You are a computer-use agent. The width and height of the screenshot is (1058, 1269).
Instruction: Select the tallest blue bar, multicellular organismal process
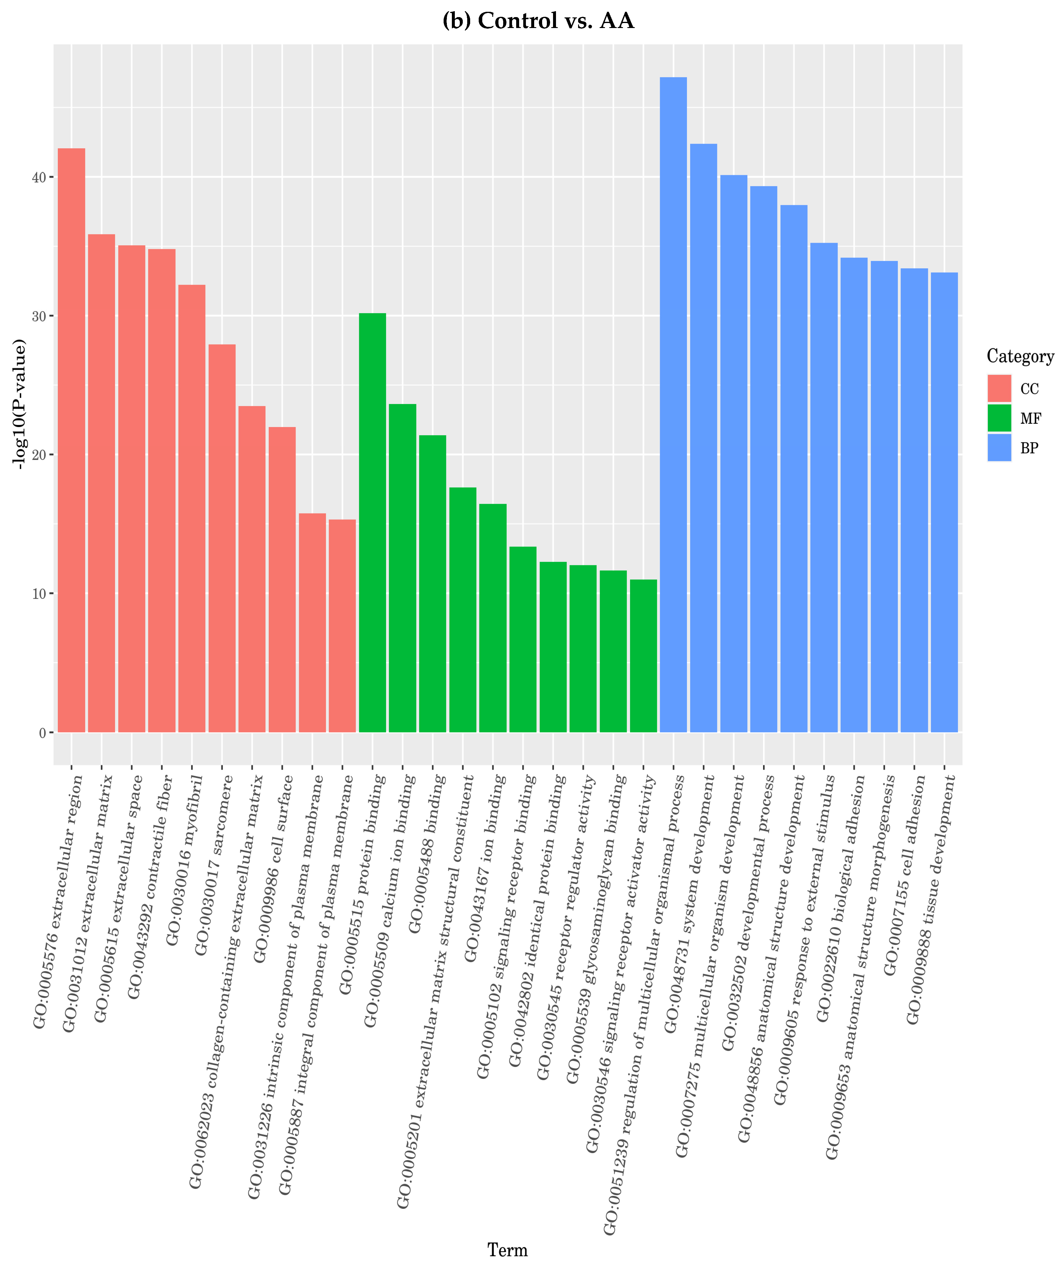[x=673, y=405]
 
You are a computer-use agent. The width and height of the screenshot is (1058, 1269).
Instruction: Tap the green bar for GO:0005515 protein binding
[x=372, y=523]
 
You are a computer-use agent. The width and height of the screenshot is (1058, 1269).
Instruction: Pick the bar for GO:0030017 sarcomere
[x=222, y=538]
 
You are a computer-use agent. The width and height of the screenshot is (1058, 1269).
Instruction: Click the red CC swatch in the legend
[x=999, y=389]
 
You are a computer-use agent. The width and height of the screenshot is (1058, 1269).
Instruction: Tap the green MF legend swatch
[x=999, y=418]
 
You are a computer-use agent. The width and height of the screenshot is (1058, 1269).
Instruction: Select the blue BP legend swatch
[x=999, y=448]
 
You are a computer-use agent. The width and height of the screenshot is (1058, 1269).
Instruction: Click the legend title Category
[x=1020, y=357]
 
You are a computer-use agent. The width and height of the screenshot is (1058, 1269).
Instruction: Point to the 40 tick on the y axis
[x=39, y=177]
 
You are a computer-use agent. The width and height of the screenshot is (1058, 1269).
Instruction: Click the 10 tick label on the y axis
[x=39, y=593]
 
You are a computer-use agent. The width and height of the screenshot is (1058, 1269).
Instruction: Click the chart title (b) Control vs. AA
[x=538, y=21]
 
